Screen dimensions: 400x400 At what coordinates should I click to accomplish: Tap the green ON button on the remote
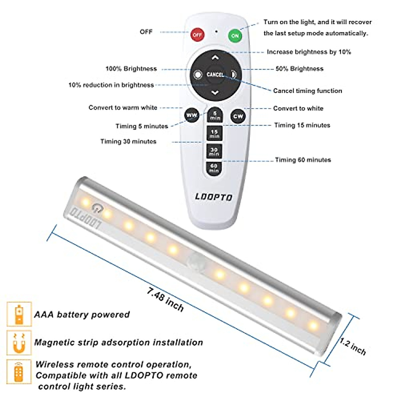(235, 36)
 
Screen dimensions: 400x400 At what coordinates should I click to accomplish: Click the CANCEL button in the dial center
(215, 74)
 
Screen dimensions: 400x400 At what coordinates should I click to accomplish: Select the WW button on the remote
(191, 115)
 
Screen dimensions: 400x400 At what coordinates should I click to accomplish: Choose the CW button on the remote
(238, 116)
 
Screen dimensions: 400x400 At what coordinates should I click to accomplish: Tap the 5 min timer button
(215, 116)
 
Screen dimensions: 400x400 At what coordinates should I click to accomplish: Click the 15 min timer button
(214, 134)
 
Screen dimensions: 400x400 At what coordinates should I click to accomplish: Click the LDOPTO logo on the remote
(214, 197)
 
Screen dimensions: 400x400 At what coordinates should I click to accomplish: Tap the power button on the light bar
(97, 208)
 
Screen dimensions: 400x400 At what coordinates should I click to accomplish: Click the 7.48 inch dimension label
(165, 299)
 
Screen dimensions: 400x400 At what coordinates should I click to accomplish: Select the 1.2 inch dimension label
(353, 346)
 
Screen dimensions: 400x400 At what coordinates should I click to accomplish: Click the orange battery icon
(19, 314)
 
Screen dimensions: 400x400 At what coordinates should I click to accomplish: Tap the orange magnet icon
(19, 343)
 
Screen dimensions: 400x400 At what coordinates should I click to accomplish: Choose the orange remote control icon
(19, 371)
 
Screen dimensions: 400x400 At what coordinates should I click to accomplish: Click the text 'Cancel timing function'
(307, 91)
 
